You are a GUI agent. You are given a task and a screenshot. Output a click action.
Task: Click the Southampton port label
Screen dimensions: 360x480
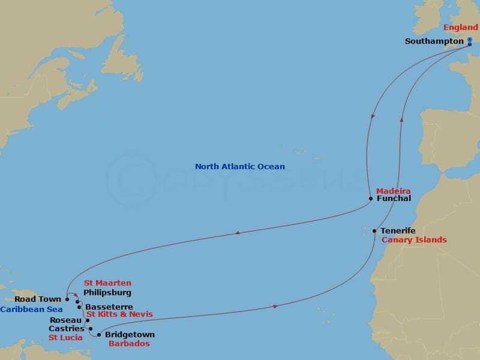pos(434,41)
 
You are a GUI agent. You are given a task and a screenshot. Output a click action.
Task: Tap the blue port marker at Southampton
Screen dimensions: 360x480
pos(470,42)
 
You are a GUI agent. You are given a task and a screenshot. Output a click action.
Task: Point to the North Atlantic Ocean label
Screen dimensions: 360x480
pos(240,166)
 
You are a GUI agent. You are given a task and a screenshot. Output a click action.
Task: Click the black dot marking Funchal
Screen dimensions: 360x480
pos(371,199)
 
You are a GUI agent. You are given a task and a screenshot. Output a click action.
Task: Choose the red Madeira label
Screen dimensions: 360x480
pos(393,191)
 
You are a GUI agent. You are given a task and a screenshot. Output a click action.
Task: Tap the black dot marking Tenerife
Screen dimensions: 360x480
pos(374,231)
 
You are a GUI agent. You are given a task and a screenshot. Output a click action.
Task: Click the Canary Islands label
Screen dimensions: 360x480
pos(414,240)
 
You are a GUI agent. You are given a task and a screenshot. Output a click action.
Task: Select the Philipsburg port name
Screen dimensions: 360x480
pos(107,293)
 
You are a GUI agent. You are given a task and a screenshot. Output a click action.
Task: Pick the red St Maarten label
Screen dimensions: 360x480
pos(107,283)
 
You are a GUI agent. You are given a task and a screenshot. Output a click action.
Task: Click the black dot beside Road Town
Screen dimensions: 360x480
pos(67,299)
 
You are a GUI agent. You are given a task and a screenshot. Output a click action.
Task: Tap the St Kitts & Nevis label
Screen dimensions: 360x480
pos(119,314)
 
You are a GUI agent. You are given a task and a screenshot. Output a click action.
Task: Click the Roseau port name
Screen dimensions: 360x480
pos(66,320)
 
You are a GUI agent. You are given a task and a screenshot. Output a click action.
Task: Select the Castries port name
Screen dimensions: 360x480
pos(66,329)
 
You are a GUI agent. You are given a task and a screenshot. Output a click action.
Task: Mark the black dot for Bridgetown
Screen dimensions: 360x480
pos(99,335)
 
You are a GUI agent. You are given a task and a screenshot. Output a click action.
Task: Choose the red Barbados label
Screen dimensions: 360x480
pos(128,344)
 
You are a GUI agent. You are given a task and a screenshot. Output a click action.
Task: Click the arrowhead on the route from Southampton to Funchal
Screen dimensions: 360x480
pos(372,117)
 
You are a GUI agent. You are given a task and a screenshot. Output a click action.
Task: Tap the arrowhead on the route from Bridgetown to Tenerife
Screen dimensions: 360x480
pos(275,307)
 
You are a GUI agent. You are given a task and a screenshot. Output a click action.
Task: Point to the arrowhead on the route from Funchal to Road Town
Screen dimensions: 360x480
pos(237,233)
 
